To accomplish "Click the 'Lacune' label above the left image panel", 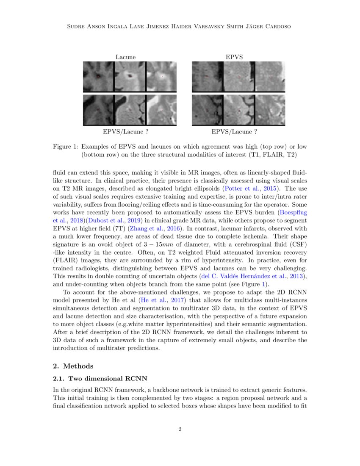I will click(126, 57).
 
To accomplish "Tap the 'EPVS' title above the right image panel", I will click(234, 57).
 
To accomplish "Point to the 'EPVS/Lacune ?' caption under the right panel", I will click(234, 132).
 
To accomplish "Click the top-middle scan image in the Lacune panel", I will click(130, 77).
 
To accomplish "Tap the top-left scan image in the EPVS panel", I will click(207, 77).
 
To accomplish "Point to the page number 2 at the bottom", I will click(180, 430).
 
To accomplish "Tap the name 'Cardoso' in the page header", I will click(277, 27).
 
